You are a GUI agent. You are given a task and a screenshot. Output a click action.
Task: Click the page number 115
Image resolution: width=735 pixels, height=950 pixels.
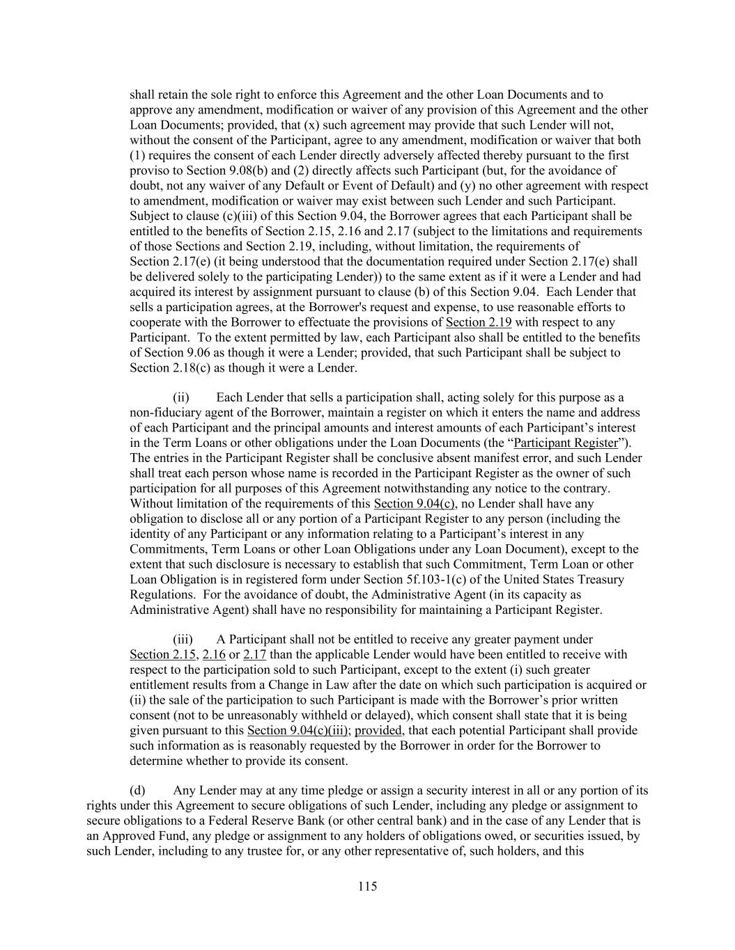367,886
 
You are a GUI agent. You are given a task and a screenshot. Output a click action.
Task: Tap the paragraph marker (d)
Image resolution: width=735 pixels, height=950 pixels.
138,790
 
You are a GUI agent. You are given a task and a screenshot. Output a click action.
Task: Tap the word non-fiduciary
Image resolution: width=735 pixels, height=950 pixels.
165,413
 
